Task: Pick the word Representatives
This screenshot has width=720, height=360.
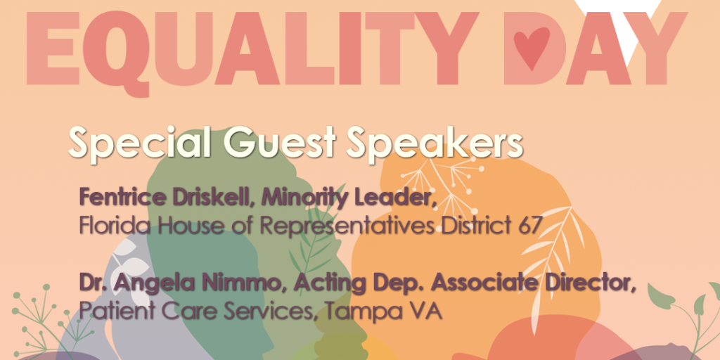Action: pos(361,226)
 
